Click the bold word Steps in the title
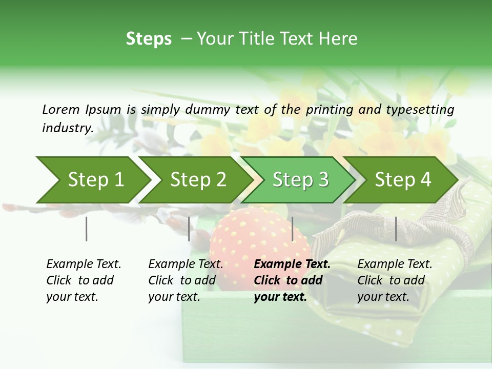coord(149,39)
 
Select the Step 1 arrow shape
coord(93,180)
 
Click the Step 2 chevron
coord(197,180)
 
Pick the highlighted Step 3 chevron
coord(300,180)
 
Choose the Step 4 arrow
coord(402,180)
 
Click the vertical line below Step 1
coord(87,229)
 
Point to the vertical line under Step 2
coord(189,229)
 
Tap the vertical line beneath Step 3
coord(293,229)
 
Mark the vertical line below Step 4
coord(396,229)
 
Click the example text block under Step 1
coord(84,280)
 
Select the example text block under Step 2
coord(186,280)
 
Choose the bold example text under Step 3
coord(292,280)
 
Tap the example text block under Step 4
coord(394,280)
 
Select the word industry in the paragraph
coord(67,128)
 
